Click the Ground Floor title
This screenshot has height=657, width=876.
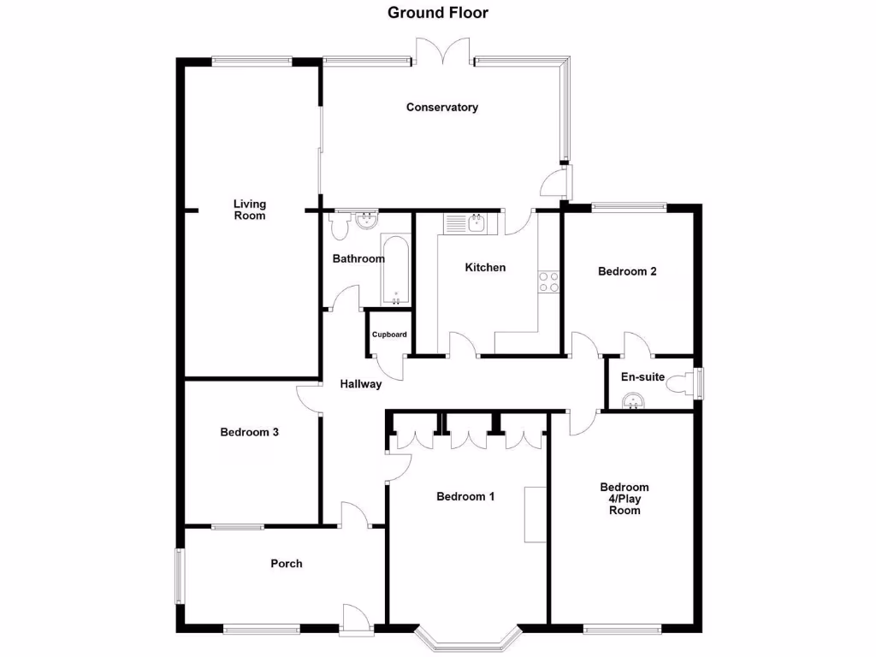(x=437, y=12)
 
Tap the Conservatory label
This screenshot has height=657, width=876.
(x=441, y=108)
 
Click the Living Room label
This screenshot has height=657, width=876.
(x=250, y=210)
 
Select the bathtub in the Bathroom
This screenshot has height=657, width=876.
(x=395, y=269)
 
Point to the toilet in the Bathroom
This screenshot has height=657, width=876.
(x=339, y=225)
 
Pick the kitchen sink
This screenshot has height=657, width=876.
(x=465, y=224)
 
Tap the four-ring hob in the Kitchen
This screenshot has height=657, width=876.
(x=548, y=281)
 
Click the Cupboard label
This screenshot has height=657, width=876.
(x=389, y=334)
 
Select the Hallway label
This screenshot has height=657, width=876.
(x=360, y=384)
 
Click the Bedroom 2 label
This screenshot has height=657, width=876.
(x=627, y=272)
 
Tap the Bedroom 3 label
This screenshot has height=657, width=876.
(x=249, y=432)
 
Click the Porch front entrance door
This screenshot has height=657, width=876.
(x=356, y=618)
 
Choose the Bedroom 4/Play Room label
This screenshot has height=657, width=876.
(x=624, y=499)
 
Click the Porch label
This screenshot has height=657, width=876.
(x=286, y=564)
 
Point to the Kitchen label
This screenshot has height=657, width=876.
(x=485, y=268)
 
